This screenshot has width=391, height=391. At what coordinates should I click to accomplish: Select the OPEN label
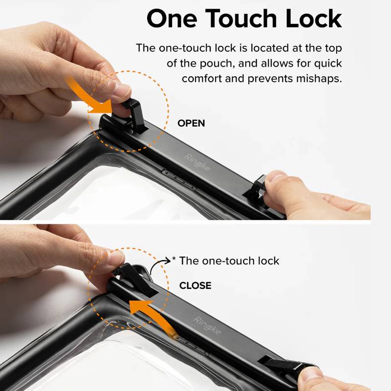[191, 124]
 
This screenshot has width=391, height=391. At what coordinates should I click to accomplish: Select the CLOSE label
[195, 285]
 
